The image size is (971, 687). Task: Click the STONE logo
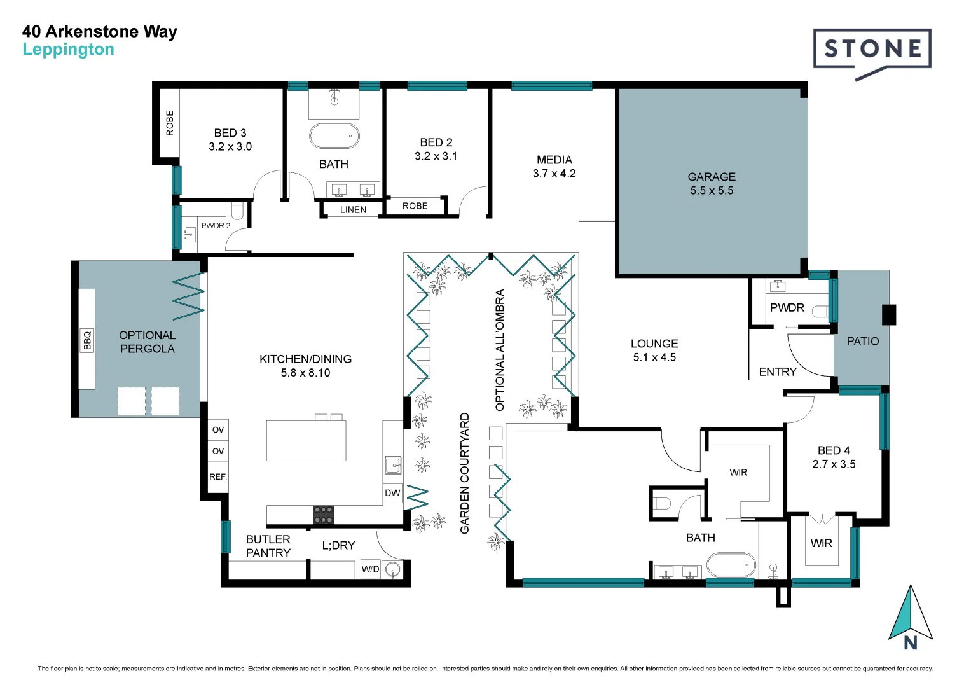coord(872,49)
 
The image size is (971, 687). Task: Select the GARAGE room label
coord(711,177)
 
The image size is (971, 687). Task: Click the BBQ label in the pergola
coord(87,340)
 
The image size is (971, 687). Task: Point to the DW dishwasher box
coord(392,493)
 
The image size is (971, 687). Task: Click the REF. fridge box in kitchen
coord(218,476)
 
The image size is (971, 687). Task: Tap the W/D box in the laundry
coord(370,569)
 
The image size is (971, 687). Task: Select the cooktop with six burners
coord(323,515)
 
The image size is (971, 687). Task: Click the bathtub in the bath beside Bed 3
coord(334,136)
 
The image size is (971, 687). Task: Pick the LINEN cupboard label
coord(353,209)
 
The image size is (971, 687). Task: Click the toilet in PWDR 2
coord(237,209)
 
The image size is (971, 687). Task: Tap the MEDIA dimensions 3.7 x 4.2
coord(554,174)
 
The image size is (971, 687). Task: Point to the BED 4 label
coord(833,450)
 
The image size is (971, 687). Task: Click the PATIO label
coord(862,341)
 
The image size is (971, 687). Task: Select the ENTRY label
coord(777,371)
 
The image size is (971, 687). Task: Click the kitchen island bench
coord(306,440)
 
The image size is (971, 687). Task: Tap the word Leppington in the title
coord(68,49)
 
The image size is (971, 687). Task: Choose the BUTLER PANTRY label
coord(268,546)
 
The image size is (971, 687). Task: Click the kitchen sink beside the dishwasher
coord(392,465)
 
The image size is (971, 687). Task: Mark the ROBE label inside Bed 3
coord(170,123)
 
